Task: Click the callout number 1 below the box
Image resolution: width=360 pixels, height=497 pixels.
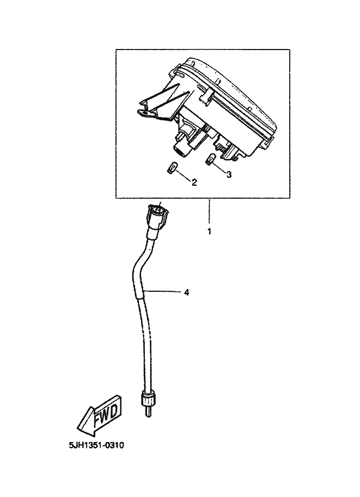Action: point(209,231)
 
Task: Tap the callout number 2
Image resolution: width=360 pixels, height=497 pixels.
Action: point(194,182)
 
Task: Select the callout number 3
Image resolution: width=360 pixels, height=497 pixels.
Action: point(229,174)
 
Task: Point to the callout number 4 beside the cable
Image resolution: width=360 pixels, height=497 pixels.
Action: point(186,292)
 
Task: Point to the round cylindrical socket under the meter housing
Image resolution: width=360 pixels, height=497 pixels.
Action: point(180,146)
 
